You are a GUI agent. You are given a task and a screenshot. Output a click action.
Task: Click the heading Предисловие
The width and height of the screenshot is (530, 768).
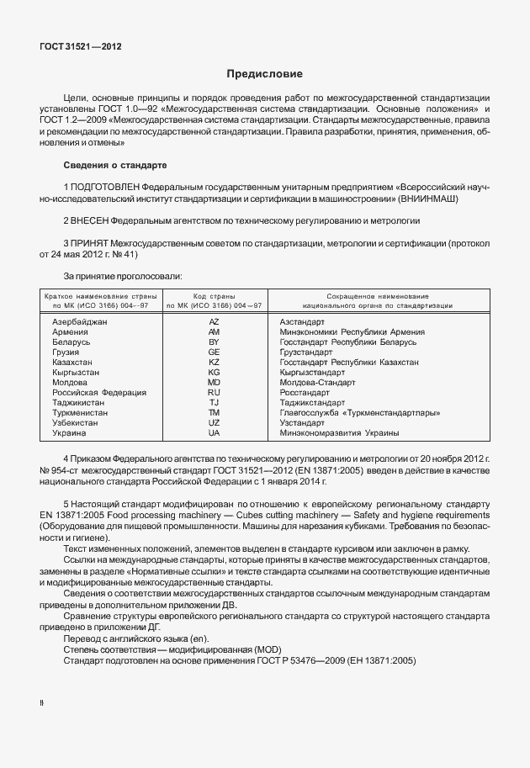tap(265, 74)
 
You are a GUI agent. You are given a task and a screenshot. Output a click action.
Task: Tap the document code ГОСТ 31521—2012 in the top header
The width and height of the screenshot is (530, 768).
tap(80, 47)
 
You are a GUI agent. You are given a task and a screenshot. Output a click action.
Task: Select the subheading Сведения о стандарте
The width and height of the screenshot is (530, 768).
tap(115, 164)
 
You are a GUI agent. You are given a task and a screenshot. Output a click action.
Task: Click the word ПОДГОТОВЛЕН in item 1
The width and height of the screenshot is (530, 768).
tap(105, 185)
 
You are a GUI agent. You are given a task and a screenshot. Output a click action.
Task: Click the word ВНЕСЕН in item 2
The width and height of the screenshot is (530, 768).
tap(92, 220)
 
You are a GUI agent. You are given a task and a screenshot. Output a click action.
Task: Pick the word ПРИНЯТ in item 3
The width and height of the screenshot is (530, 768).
tap(93, 243)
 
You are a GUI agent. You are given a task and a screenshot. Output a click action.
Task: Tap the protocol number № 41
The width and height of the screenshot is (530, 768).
tap(124, 255)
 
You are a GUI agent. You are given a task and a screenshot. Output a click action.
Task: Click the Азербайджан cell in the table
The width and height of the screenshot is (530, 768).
tap(80, 322)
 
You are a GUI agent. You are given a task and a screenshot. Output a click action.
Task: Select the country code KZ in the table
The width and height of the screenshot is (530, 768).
tap(214, 362)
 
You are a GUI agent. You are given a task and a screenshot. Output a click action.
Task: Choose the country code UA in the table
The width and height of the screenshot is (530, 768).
tap(214, 432)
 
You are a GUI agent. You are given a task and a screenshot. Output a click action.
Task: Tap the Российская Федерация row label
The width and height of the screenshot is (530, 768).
tap(99, 392)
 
